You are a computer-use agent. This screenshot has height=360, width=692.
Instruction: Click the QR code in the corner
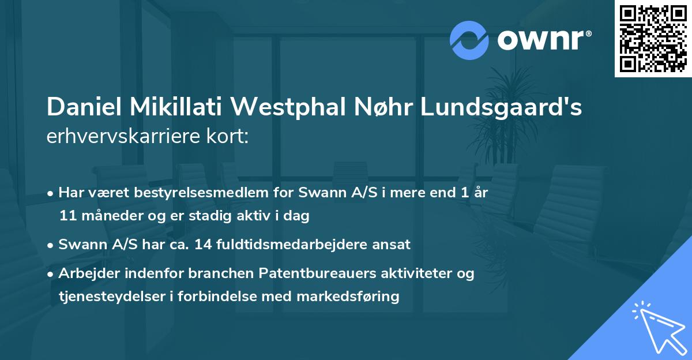pos(653,38)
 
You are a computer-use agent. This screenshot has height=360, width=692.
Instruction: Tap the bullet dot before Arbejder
pos(51,274)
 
